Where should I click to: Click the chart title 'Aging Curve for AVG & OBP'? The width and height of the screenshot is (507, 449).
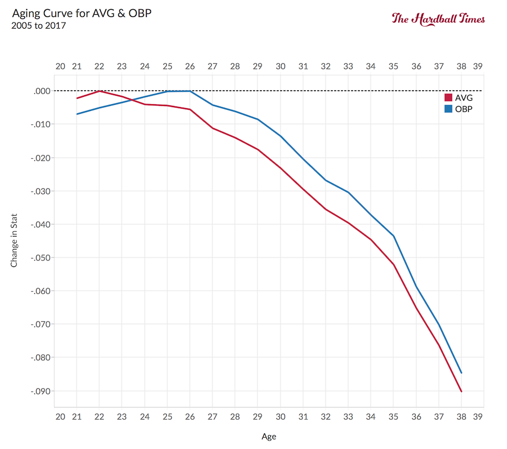(x=81, y=13)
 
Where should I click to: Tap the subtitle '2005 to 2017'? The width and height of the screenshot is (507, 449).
(x=39, y=25)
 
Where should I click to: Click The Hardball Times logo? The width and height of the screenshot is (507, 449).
(x=438, y=18)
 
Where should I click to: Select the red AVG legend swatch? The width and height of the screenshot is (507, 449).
(x=448, y=97)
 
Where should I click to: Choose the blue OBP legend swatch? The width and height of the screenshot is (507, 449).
(x=448, y=109)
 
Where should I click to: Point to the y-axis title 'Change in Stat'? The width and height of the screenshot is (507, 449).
(x=14, y=240)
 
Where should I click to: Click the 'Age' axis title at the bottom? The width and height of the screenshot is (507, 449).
(x=269, y=437)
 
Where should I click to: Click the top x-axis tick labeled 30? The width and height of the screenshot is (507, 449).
(x=280, y=66)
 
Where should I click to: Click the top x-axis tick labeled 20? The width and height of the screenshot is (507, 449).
(x=60, y=66)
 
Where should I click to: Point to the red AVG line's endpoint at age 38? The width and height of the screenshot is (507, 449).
(x=461, y=392)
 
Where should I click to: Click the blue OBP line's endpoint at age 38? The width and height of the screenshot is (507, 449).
(x=461, y=373)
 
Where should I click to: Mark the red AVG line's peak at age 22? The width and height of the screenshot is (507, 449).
(x=100, y=91)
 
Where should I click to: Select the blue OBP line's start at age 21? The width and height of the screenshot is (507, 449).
(x=77, y=114)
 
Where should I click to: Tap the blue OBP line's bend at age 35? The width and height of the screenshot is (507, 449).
(x=393, y=235)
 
